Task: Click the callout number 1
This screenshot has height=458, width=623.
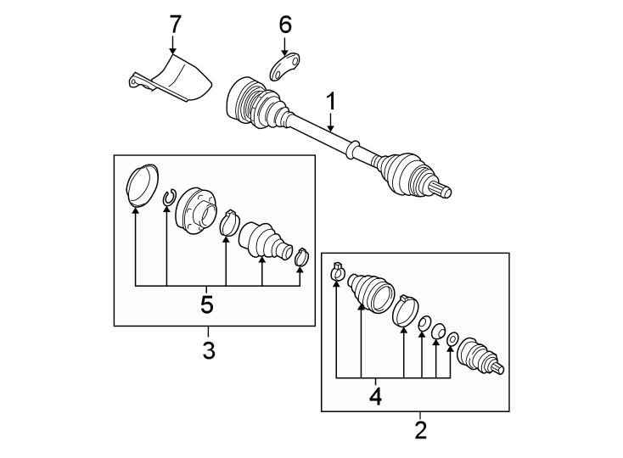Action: [331, 103]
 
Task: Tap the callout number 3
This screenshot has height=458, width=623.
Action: [209, 349]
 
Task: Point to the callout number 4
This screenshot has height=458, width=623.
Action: [376, 394]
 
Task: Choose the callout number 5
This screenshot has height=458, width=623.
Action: [206, 303]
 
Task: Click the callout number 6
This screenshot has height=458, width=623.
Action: [284, 25]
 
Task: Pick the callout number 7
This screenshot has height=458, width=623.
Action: [174, 24]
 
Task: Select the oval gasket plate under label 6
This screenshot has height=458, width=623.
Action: [285, 68]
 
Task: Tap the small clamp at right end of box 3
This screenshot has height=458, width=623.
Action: [300, 255]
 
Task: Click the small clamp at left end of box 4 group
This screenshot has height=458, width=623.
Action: [337, 271]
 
